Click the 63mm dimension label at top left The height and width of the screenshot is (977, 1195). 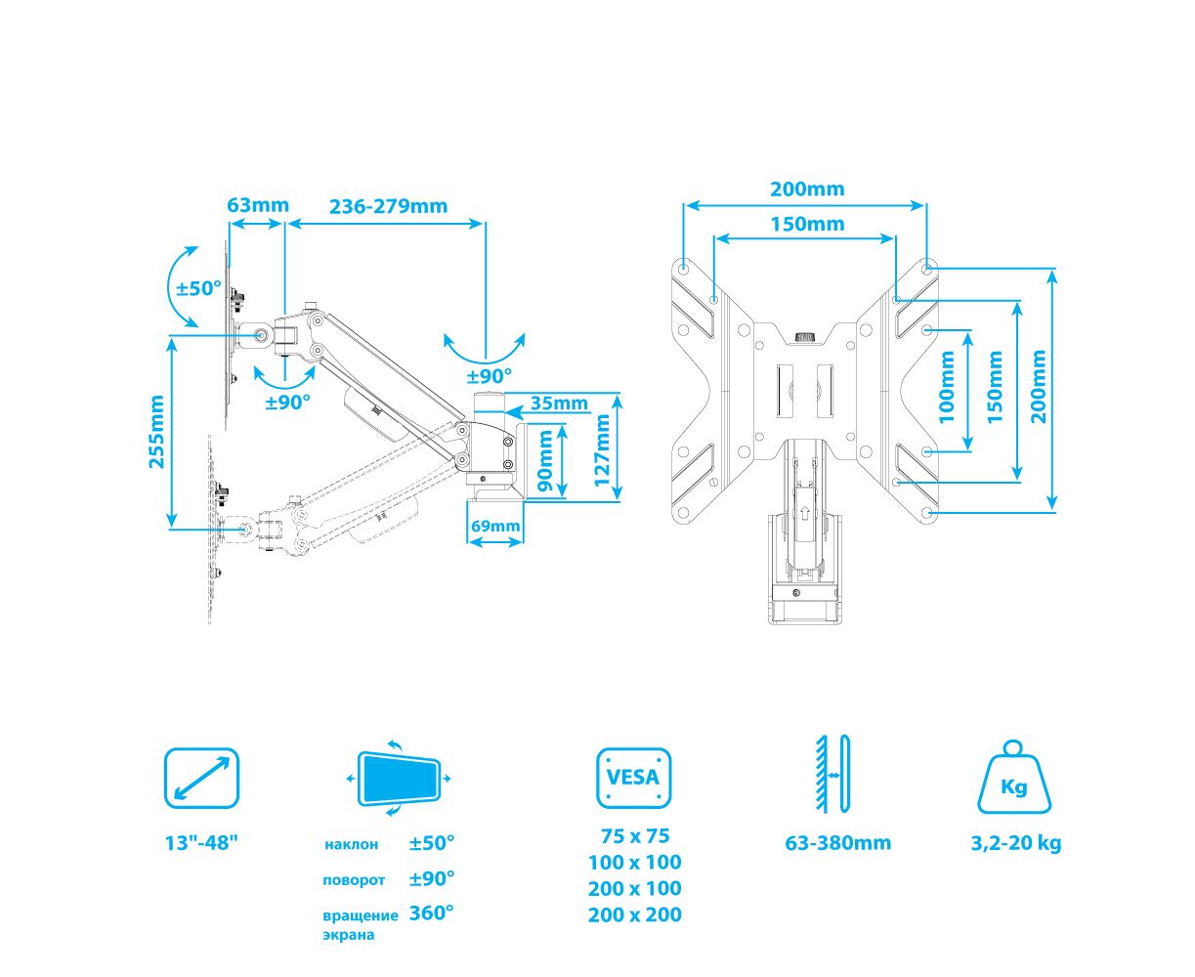point(258,205)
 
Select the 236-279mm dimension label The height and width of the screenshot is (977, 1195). point(388,206)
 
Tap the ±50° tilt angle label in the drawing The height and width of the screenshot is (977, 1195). point(199,289)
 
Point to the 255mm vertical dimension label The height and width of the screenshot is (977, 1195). point(157,432)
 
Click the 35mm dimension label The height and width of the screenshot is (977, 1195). point(560,403)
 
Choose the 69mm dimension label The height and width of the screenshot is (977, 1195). point(495,526)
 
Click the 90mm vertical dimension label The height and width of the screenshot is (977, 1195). point(546,461)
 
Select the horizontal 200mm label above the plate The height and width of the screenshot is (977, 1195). point(807,189)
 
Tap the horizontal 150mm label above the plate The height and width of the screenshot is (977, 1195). point(807,224)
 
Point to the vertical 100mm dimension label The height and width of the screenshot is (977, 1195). point(947,387)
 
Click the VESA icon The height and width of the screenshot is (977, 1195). point(634,779)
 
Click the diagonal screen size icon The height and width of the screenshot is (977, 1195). point(201,779)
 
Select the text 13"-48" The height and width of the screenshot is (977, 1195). point(201,843)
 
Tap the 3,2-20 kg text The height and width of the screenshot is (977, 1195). point(1016,843)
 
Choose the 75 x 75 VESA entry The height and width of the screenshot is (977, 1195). point(634,836)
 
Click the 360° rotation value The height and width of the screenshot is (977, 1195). point(432,913)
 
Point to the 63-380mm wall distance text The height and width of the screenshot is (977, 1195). point(837,843)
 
